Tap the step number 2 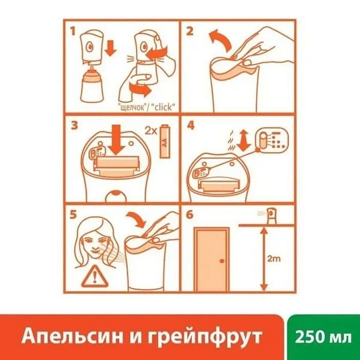click(191, 31)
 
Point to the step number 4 click(191, 125)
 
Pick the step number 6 click(191, 215)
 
